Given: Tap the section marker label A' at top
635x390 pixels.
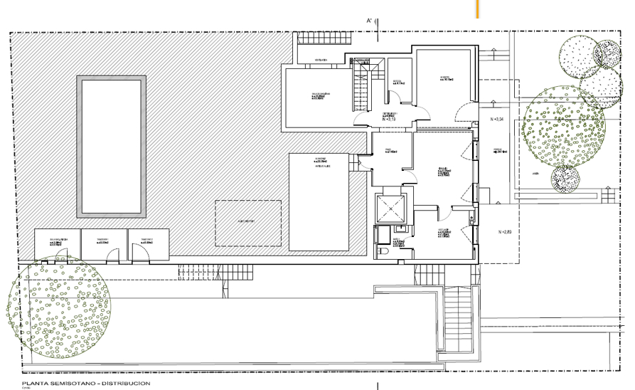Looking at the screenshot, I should point(370,22).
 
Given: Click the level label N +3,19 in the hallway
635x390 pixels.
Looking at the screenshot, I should point(389,120).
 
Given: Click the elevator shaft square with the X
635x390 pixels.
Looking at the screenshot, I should point(390,207).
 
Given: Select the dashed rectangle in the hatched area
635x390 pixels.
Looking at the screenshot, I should point(248,222).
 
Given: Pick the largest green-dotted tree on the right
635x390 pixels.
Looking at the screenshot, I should point(563,131).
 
